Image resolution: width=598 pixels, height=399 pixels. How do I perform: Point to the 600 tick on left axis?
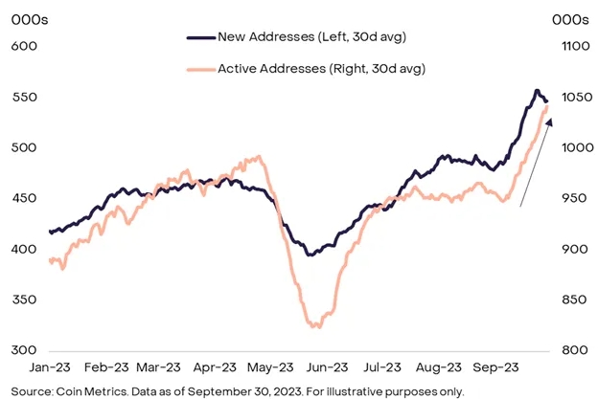point(24,46)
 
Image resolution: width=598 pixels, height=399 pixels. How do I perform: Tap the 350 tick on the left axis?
point(24,299)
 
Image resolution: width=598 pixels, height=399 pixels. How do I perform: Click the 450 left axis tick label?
point(24,198)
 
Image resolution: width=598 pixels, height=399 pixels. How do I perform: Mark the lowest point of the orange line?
point(315,327)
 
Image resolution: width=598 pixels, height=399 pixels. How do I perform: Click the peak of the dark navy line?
point(536,91)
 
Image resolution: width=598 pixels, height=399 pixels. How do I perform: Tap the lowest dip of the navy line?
point(309,255)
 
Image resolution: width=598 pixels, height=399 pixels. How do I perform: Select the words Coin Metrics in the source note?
point(72,391)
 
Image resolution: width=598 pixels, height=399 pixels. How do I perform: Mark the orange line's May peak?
point(257,157)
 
